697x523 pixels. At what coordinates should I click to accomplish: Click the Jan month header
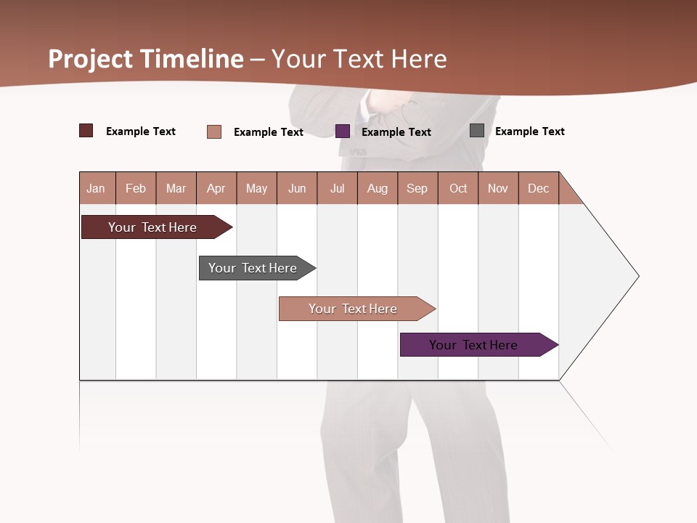tap(97, 188)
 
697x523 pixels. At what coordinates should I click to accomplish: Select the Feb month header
tap(136, 188)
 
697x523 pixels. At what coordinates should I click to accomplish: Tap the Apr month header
tap(216, 188)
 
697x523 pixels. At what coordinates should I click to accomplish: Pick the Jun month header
tap(297, 188)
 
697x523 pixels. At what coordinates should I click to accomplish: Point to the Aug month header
tap(378, 188)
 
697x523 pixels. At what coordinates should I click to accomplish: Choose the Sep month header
tap(417, 188)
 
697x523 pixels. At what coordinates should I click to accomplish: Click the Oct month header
tap(458, 188)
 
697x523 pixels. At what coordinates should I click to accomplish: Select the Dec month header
tap(539, 188)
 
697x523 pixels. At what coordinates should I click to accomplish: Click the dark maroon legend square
tap(86, 131)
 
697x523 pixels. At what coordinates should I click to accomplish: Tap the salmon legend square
tap(214, 131)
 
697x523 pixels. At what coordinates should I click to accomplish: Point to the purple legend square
tap(343, 131)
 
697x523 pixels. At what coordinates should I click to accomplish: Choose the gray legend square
tap(477, 131)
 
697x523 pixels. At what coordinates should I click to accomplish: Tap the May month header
tap(256, 188)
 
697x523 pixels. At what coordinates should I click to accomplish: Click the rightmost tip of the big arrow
tap(638, 275)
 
